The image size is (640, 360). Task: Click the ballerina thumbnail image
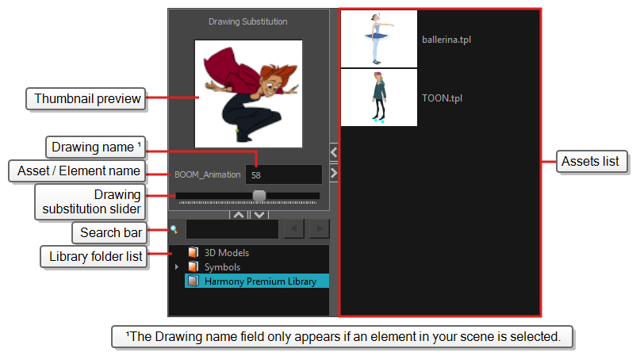pos(379,39)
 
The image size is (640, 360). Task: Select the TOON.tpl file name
pos(442,98)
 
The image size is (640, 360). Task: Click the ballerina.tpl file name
pos(446,40)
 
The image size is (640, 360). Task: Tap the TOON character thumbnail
pos(379,98)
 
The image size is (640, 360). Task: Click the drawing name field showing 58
pos(284,174)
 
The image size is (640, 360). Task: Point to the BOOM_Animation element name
pos(207,174)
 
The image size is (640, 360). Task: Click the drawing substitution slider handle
pos(259,196)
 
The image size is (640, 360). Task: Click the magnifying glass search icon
pos(174,229)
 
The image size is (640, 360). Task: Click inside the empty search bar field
pos(232,229)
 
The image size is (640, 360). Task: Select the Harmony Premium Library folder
pos(257,281)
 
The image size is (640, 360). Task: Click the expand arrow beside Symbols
pos(177,267)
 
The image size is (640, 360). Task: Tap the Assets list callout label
pos(591,161)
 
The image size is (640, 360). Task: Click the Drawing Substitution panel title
pos(247,21)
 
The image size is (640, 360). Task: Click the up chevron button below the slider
pos(240,215)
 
